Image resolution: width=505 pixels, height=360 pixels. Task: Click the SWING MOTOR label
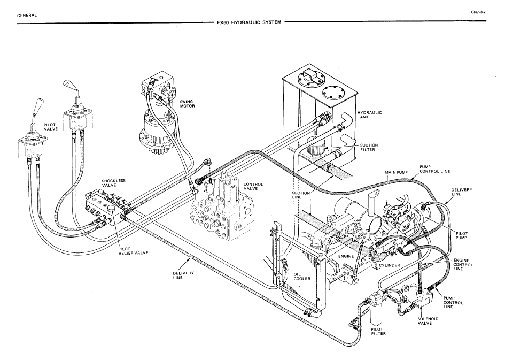pyautogui.click(x=187, y=104)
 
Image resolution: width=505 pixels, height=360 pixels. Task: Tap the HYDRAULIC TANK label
pyautogui.click(x=367, y=115)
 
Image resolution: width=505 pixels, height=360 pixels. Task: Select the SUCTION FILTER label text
pyautogui.click(x=370, y=147)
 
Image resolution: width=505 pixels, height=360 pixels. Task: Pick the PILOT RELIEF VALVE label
pyautogui.click(x=133, y=251)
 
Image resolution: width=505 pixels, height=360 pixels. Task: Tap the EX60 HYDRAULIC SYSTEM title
pyautogui.click(x=248, y=24)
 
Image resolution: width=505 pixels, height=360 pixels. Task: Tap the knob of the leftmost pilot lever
pyautogui.click(x=39, y=104)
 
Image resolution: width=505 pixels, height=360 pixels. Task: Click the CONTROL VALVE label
pyautogui.click(x=253, y=187)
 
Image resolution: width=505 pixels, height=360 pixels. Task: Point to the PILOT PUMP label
pyautogui.click(x=462, y=235)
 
